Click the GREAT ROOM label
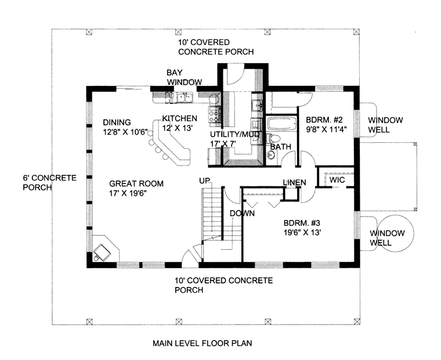tap(136, 183)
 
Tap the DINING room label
tap(117, 122)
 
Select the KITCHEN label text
tap(180, 118)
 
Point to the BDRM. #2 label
tap(324, 120)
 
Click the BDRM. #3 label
tap(302, 223)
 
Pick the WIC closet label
tap(337, 180)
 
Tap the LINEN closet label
tap(294, 183)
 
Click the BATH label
tap(281, 147)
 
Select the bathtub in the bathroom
tap(282, 124)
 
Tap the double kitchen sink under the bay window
tap(185, 97)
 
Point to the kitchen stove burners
tap(214, 115)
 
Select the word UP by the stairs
tap(204, 181)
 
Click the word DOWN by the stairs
tap(242, 213)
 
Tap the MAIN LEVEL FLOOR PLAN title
tap(202, 343)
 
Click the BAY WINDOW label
tap(184, 77)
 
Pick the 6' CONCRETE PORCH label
tap(49, 183)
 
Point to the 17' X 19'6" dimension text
tap(128, 193)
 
